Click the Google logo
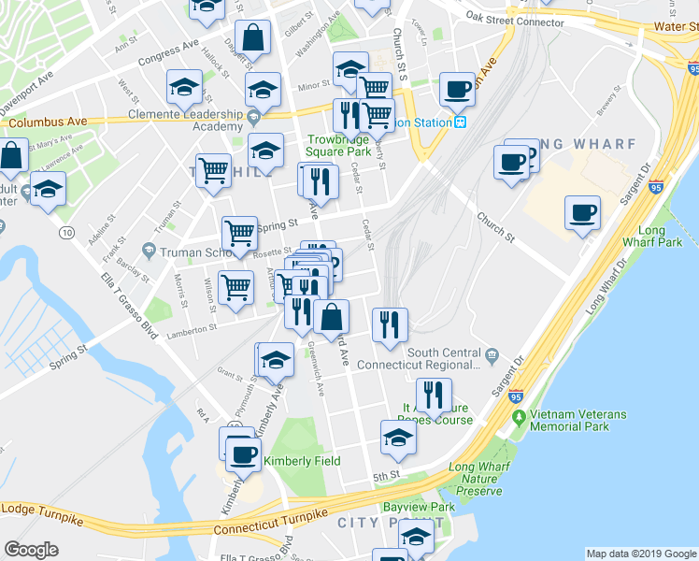coord(31,550)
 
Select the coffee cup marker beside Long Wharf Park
coord(582,213)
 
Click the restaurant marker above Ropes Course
coord(431,396)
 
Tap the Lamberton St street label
coord(192,328)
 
